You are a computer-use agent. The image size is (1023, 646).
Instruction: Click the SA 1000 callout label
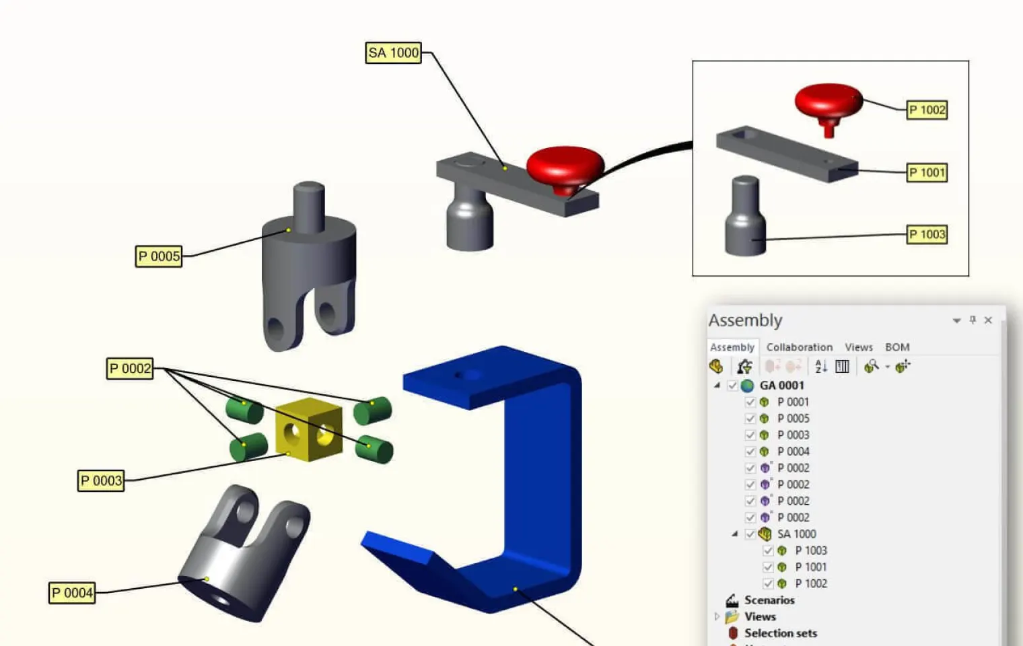[393, 53]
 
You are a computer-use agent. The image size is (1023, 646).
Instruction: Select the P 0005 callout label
[159, 256]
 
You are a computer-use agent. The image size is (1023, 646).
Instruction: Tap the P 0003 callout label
[101, 480]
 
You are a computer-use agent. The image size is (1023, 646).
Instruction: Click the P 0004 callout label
[72, 593]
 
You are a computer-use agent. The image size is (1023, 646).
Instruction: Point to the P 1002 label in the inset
[927, 110]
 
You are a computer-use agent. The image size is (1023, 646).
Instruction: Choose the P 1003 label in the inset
[927, 235]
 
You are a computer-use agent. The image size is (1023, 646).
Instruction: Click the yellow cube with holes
[309, 429]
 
